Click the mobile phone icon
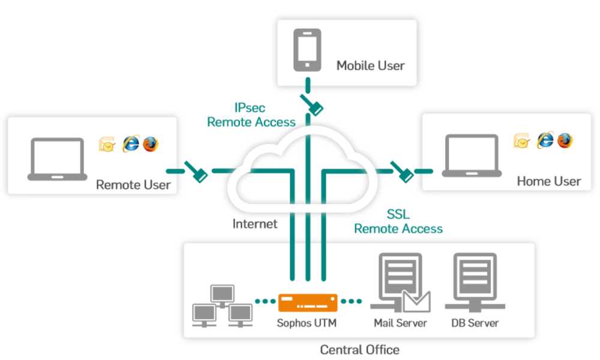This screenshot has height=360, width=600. coord(307,50)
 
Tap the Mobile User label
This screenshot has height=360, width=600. coord(370,66)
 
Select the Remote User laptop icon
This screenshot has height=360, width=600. coord(58,159)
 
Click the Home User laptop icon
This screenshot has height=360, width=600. coord(472,156)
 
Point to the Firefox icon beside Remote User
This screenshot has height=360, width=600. coord(151,144)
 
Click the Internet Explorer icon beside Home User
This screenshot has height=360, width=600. coord(545,140)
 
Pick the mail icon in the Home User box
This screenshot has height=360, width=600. coord(521,141)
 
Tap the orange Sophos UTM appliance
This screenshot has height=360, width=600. coord(308,302)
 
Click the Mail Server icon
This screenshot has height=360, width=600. coord(400,283)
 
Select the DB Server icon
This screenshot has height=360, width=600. coord(475,283)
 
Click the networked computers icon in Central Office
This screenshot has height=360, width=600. coord(223,306)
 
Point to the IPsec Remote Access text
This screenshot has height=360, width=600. coord(251,115)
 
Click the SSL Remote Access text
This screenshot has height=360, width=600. coord(398,221)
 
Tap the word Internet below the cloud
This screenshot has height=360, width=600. coord(255,224)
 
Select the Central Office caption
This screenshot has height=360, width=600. coord(359,350)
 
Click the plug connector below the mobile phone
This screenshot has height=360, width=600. coord(312,104)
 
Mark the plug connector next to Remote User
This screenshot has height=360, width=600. coord(196,172)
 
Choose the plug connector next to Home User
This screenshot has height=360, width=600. coord(402,172)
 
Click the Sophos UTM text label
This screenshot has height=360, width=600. coord(307,323)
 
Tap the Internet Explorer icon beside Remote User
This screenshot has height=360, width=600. coord(130,144)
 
